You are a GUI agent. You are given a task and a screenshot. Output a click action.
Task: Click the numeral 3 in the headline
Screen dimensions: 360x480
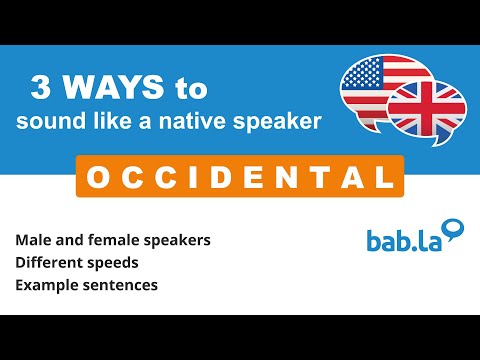tap(43, 89)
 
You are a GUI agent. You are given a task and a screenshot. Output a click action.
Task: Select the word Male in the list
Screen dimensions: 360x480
tap(33, 240)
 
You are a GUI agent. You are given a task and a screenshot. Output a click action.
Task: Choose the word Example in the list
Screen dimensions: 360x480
tap(45, 286)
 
